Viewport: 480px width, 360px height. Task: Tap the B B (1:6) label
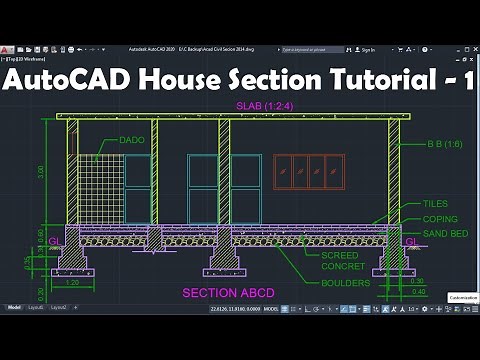pos(434,144)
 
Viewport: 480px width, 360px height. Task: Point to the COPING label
pos(440,219)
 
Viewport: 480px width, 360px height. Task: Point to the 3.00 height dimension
pos(40,172)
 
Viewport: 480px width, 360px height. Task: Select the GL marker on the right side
pos(411,241)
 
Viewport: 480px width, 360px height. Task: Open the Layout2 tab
pos(59,307)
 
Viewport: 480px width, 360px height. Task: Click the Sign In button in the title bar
pos(367,49)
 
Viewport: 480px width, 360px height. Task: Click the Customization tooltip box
pos(462,297)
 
